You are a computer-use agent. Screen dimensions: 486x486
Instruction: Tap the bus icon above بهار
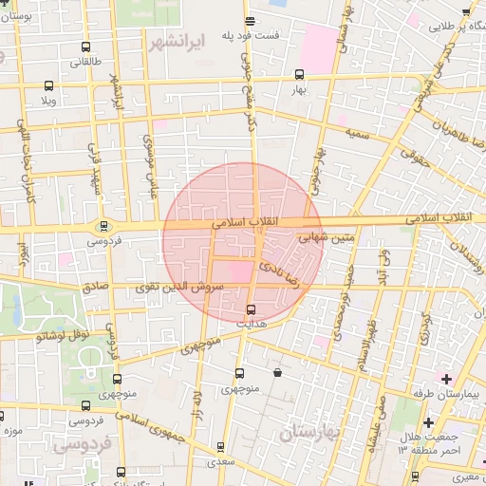coord(300,74)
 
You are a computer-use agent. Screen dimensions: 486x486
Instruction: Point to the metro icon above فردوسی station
coord(103,226)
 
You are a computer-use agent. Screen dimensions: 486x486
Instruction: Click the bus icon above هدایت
coord(251,309)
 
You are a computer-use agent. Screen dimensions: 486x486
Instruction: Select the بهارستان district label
coord(310,432)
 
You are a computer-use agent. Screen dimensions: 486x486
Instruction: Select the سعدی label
coord(221,461)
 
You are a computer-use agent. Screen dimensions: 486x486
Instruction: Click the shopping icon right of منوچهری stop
coord(277,373)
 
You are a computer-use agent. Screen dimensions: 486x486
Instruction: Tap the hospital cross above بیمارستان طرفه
coord(447,379)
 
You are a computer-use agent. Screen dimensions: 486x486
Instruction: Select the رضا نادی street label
coord(287,267)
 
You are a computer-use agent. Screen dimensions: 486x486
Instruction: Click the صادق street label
coord(93,285)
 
